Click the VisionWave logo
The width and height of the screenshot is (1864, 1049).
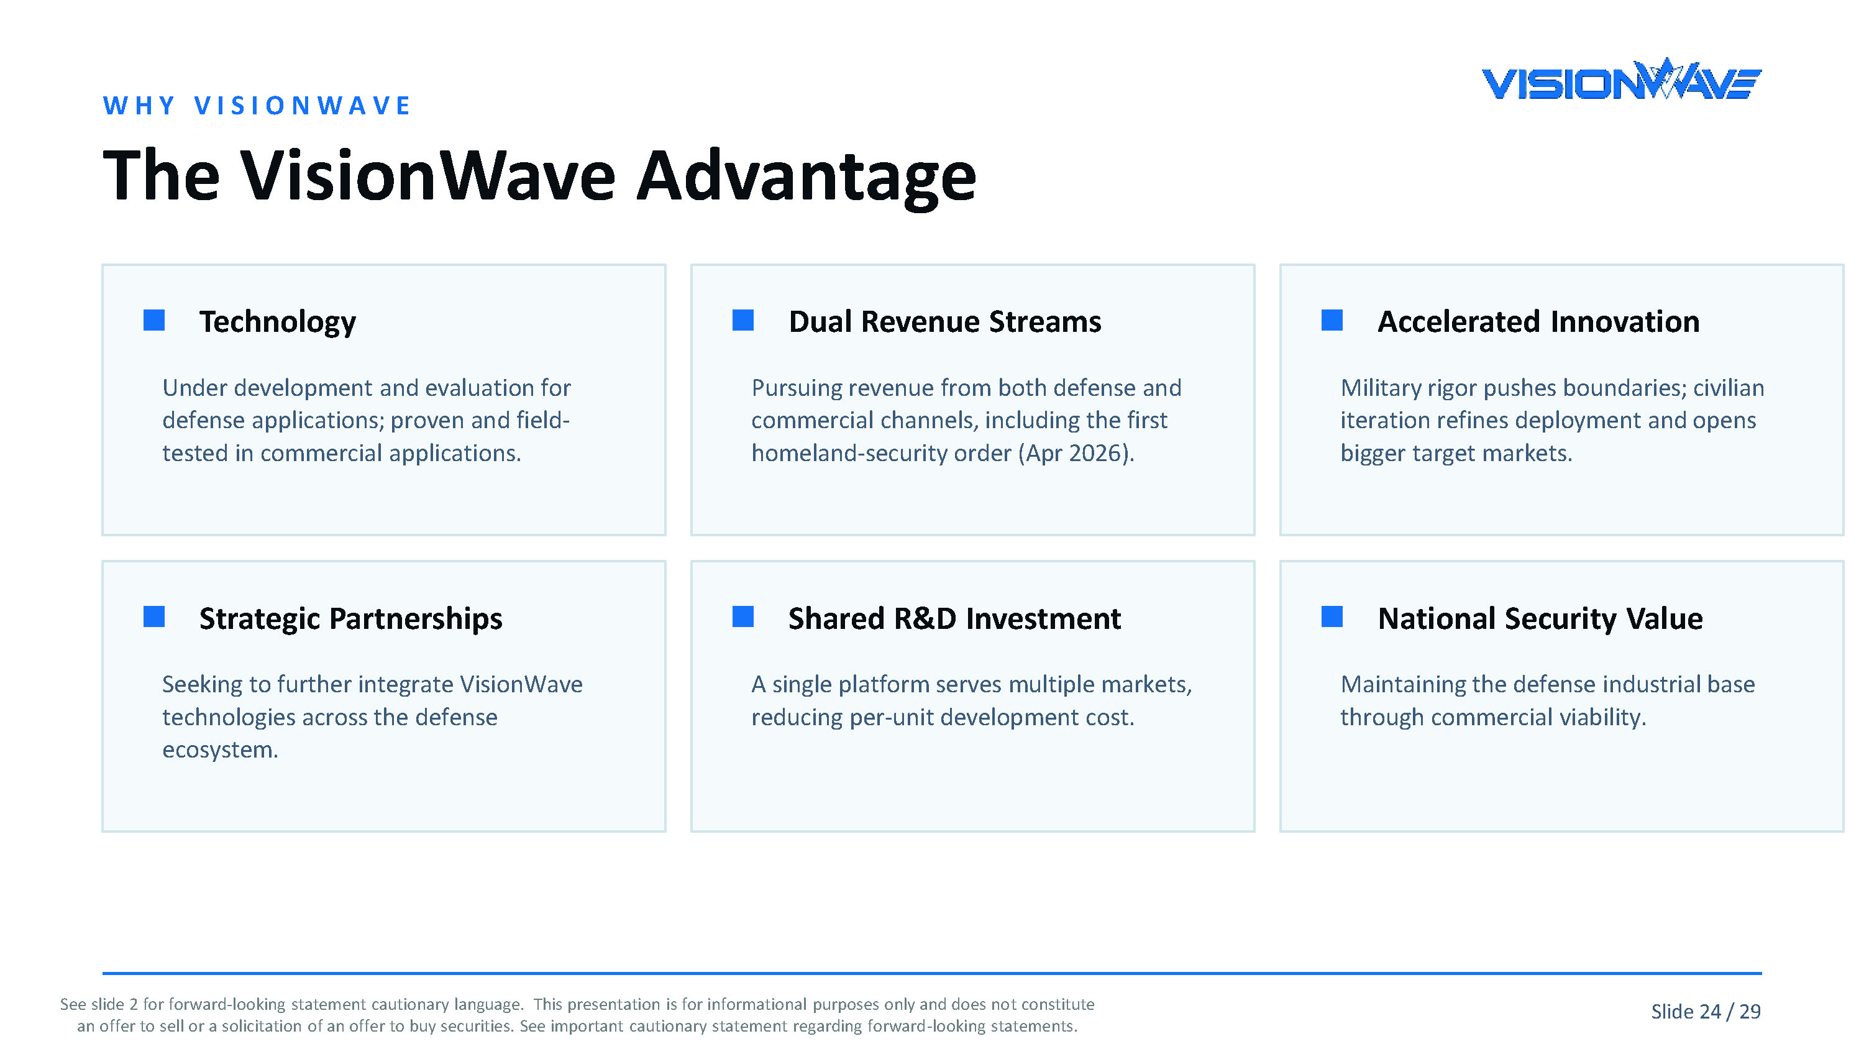point(1622,79)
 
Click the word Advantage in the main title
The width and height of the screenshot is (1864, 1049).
point(807,176)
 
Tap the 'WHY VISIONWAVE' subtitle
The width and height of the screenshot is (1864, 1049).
point(257,106)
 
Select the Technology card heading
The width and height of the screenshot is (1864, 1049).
point(278,321)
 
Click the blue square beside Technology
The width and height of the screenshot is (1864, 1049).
point(154,320)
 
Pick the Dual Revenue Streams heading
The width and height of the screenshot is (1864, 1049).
point(945,321)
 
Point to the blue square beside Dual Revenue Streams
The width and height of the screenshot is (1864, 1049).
point(743,320)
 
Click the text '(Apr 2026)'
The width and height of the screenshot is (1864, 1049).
point(1076,453)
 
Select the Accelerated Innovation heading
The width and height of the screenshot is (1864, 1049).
point(1538,321)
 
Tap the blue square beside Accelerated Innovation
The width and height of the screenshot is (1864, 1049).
point(1332,320)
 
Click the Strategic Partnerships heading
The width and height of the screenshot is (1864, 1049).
point(351,619)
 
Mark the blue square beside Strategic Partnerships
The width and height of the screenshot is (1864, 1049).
point(154,617)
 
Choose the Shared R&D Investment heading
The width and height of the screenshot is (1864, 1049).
point(954,619)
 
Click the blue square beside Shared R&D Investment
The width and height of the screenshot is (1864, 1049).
point(743,617)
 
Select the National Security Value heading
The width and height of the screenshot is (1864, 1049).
point(1540,619)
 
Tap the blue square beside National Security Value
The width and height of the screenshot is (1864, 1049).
point(1332,617)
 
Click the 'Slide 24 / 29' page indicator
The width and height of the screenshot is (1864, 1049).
point(1706,1011)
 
